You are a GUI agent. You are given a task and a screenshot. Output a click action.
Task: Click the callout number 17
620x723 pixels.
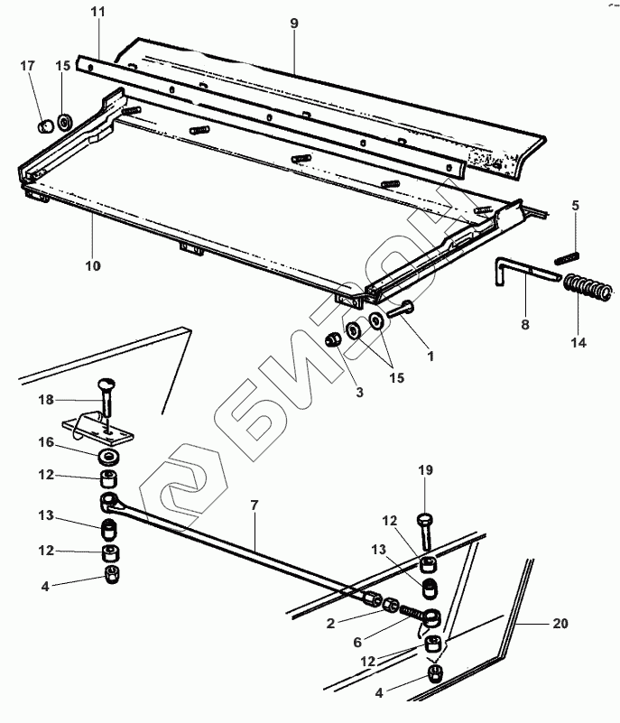pyautogui.click(x=28, y=66)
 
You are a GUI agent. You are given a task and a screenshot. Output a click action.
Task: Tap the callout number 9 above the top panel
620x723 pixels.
pyautogui.click(x=294, y=23)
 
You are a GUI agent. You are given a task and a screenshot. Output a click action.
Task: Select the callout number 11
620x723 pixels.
pyautogui.click(x=98, y=12)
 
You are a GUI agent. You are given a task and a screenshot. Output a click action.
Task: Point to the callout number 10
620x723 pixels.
pyautogui.click(x=93, y=266)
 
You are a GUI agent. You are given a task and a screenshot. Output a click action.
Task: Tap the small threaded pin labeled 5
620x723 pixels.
pyautogui.click(x=567, y=259)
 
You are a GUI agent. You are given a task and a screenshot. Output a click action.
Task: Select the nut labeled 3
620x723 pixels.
pyautogui.click(x=333, y=341)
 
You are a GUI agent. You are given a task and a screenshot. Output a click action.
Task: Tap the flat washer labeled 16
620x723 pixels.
pyautogui.click(x=109, y=458)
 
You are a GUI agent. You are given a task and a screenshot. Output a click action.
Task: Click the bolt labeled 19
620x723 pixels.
pyautogui.click(x=426, y=531)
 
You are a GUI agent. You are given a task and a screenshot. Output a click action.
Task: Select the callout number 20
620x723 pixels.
pyautogui.click(x=560, y=624)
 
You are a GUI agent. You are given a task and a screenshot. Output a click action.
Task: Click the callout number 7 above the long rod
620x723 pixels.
pyautogui.click(x=254, y=505)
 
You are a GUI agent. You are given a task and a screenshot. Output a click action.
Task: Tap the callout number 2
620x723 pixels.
pyautogui.click(x=330, y=624)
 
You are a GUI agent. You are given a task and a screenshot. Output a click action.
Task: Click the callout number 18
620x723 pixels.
pyautogui.click(x=46, y=400)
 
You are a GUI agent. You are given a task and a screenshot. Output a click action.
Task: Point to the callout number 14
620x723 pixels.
pyautogui.click(x=578, y=343)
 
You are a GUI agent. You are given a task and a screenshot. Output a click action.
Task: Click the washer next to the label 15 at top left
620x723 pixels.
pyautogui.click(x=64, y=123)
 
